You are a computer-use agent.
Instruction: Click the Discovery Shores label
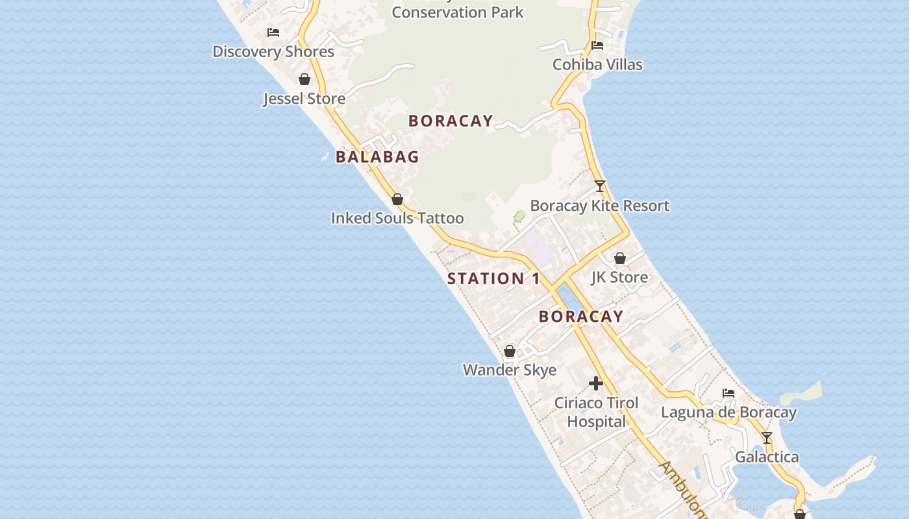[x=273, y=52]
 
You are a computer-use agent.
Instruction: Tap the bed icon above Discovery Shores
[x=273, y=32]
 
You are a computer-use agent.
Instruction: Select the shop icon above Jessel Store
[x=305, y=79]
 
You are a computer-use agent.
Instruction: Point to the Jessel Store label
[x=304, y=99]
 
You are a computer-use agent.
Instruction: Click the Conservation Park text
[x=457, y=12]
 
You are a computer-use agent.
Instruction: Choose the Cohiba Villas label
[x=597, y=64]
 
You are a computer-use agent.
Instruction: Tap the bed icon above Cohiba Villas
[x=597, y=45]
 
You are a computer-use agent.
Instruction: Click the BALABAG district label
[x=377, y=157]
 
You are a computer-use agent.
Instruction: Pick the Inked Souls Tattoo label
[x=397, y=218]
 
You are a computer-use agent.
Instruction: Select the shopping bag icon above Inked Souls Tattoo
[x=397, y=199]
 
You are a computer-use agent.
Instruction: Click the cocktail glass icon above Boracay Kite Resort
[x=600, y=186]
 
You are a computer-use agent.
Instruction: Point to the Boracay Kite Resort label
[x=599, y=206]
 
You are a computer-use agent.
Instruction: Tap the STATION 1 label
[x=493, y=279]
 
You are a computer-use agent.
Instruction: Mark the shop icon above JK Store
[x=620, y=258]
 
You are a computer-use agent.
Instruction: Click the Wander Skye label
[x=510, y=370]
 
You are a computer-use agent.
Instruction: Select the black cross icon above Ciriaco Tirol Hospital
[x=596, y=383]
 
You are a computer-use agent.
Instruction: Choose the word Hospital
[x=596, y=422]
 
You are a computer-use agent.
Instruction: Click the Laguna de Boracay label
[x=728, y=413]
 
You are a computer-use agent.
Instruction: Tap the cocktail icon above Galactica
[x=767, y=438]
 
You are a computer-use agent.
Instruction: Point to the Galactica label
[x=767, y=457]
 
